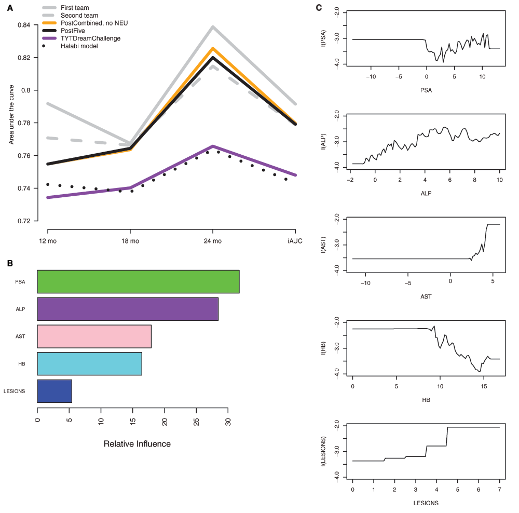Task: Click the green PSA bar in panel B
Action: [138, 281]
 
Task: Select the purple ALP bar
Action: [128, 309]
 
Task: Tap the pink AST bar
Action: [94, 336]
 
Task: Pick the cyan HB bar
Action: [89, 363]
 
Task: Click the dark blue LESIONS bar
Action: [54, 391]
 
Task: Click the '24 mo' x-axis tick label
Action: [213, 241]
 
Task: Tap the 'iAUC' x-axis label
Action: [295, 241]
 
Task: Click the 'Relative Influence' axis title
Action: [137, 444]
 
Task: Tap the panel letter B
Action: [10, 263]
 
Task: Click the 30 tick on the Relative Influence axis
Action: [228, 422]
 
